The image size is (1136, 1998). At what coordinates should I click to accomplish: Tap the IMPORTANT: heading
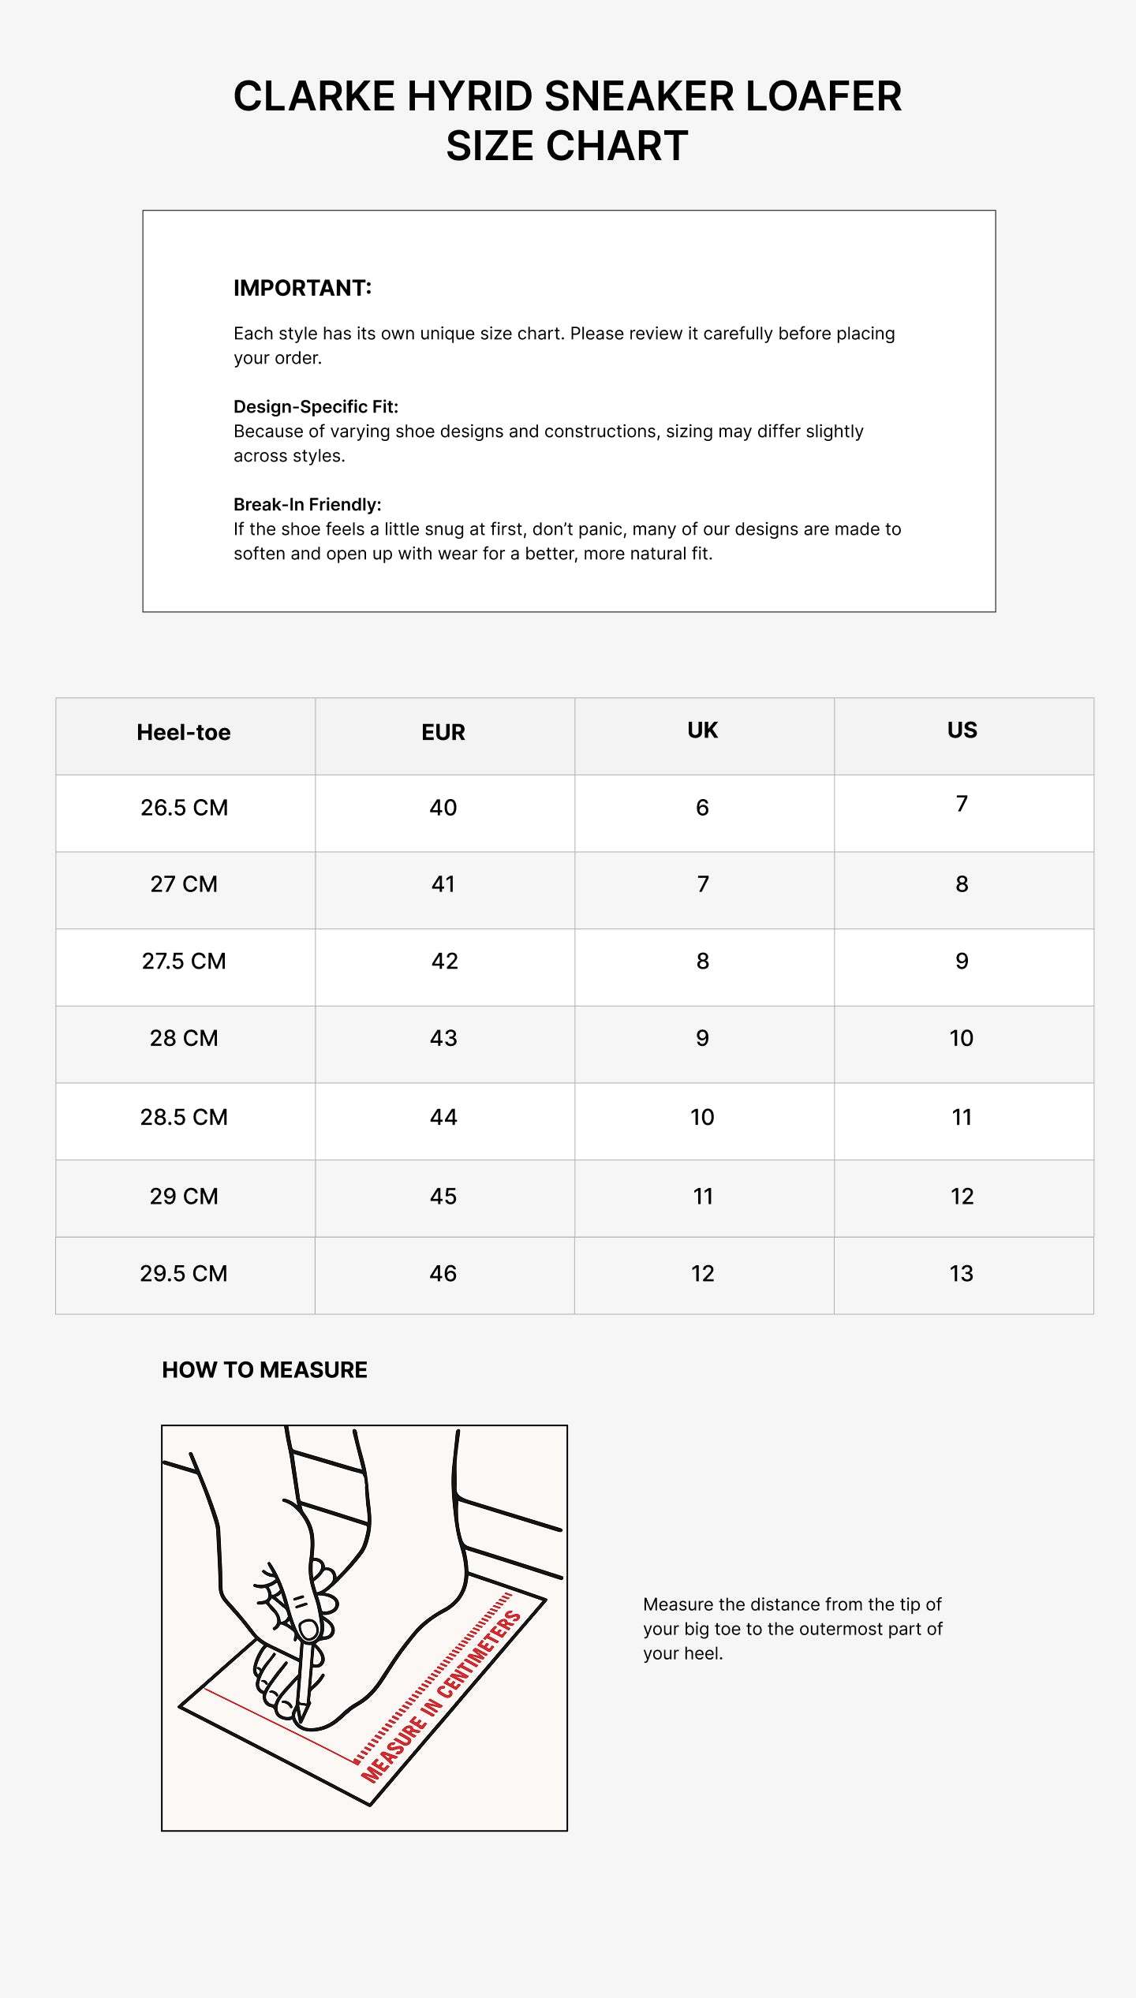(302, 288)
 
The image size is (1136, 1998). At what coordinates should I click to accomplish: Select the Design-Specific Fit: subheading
(316, 407)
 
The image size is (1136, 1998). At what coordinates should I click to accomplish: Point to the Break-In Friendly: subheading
(307, 505)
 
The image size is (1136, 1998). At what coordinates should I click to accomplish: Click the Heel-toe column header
(184, 733)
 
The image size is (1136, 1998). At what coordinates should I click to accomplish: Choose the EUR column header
(443, 733)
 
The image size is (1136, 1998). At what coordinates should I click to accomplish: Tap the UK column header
(702, 730)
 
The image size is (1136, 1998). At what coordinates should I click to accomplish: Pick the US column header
(962, 730)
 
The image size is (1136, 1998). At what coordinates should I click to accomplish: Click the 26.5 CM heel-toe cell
(184, 808)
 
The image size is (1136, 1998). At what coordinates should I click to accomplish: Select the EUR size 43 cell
(443, 1038)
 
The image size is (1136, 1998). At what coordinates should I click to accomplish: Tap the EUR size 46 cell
(443, 1273)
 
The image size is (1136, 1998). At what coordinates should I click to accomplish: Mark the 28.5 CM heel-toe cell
(184, 1117)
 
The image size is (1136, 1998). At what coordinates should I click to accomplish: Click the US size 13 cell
(962, 1273)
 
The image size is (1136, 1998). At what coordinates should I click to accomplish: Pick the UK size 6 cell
(702, 808)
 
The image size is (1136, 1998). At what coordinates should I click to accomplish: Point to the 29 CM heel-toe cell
(184, 1197)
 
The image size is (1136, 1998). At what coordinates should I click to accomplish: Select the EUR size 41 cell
(443, 884)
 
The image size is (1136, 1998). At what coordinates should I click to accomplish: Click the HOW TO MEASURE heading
(264, 1370)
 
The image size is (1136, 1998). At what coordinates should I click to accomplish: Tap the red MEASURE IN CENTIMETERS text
(442, 1696)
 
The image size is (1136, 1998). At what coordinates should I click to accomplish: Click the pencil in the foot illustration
(305, 1672)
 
